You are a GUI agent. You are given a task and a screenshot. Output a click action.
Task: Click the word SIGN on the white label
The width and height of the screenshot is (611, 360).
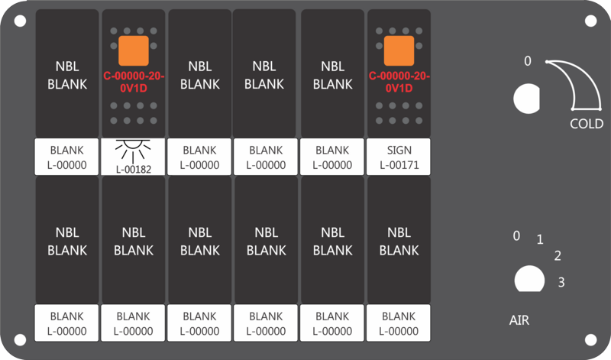click(x=399, y=150)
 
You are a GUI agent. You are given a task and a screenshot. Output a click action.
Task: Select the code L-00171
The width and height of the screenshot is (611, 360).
click(x=399, y=165)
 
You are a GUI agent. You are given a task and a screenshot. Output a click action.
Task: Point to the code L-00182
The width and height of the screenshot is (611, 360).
click(x=133, y=170)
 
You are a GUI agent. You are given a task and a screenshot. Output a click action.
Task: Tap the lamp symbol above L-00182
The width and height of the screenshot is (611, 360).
click(x=133, y=151)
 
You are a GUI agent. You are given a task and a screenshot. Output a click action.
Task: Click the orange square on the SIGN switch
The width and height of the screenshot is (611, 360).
click(x=399, y=50)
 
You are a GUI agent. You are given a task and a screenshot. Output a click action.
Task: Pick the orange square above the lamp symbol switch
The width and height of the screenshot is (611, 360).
click(x=133, y=50)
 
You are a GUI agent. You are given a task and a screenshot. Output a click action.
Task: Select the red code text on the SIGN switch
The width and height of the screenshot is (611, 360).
click(x=399, y=82)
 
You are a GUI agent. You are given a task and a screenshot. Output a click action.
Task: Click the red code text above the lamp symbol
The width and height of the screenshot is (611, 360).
click(x=133, y=82)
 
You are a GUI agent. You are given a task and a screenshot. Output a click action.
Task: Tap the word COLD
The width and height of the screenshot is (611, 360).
click(x=587, y=124)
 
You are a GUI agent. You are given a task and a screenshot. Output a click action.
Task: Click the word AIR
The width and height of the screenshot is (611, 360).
click(x=519, y=320)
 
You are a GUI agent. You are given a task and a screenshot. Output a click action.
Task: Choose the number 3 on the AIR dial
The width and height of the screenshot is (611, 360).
click(x=561, y=282)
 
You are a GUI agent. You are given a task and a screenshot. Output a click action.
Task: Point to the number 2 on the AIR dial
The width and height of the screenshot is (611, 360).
click(x=558, y=256)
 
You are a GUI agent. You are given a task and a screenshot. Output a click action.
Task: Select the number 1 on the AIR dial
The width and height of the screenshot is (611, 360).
click(x=540, y=239)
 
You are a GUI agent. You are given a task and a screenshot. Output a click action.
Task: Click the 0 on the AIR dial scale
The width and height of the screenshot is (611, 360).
click(x=516, y=236)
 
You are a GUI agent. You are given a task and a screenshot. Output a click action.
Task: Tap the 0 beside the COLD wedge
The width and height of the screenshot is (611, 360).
click(x=527, y=61)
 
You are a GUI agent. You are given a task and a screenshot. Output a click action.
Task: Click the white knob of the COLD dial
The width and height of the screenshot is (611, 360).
click(x=527, y=99)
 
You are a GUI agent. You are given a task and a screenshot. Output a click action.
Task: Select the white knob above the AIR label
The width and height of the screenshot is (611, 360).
click(x=529, y=279)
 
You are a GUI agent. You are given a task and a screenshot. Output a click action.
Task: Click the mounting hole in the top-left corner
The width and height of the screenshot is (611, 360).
click(x=20, y=21)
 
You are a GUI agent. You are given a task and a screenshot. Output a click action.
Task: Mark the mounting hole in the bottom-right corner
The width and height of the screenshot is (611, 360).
click(x=590, y=339)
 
